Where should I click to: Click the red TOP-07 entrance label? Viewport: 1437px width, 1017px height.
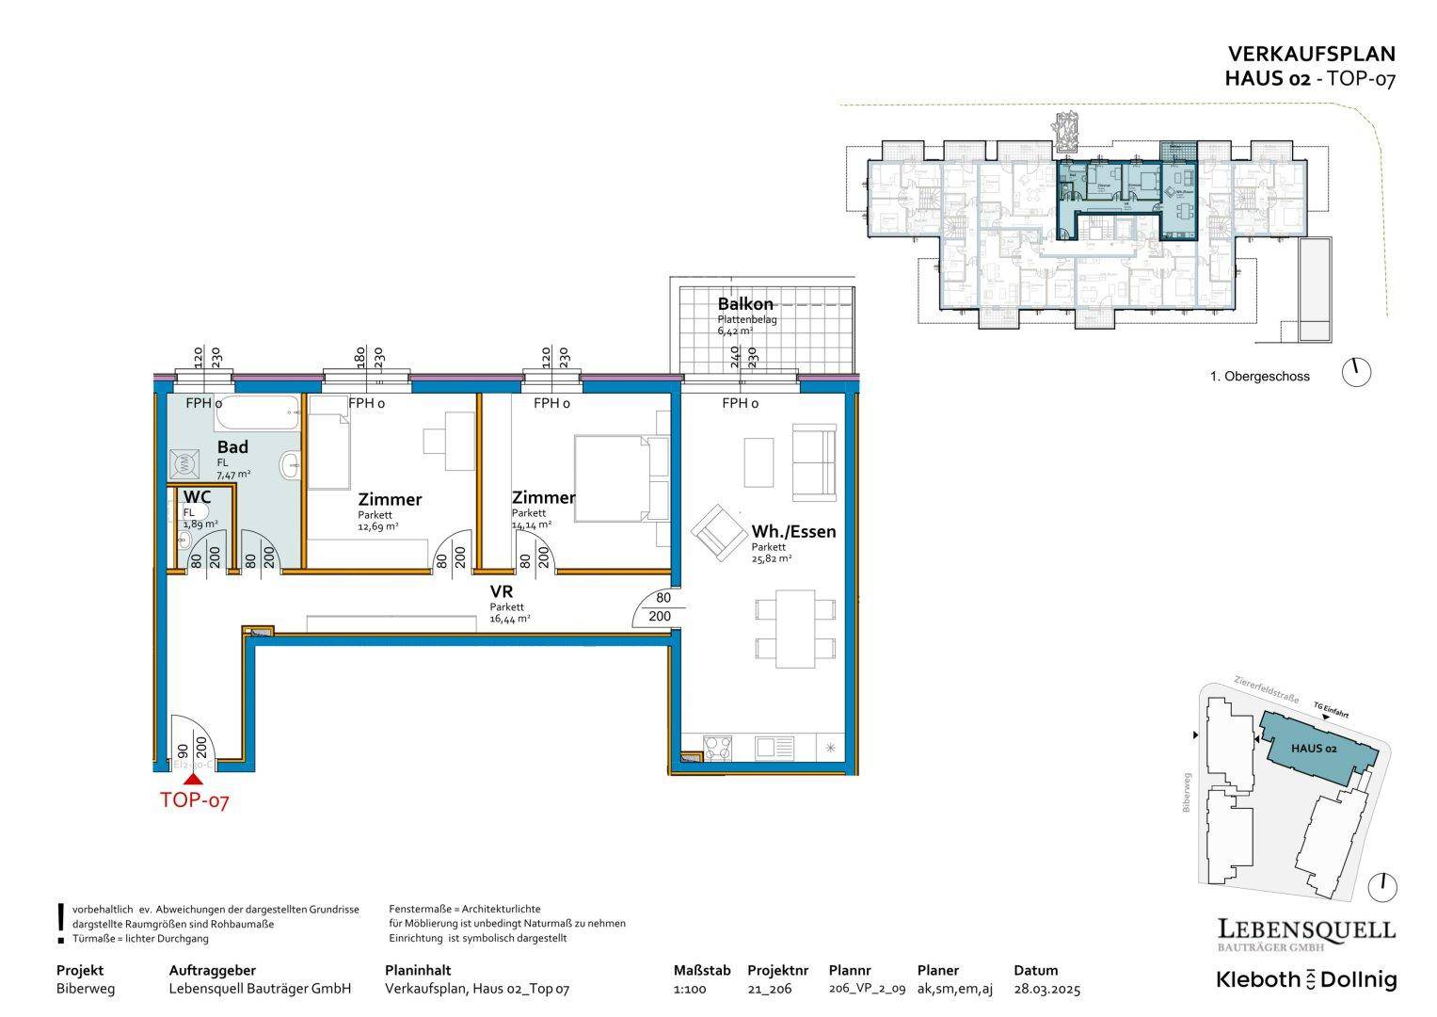coord(194,801)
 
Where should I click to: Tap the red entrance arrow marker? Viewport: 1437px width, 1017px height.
coord(194,779)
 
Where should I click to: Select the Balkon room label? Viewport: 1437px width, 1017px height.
coord(744,304)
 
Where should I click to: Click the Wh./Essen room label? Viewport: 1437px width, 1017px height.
coord(792,531)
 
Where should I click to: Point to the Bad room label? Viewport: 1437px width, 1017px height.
coord(232,447)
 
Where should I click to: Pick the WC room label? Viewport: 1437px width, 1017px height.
coord(197,497)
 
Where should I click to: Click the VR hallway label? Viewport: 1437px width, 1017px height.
coord(501,591)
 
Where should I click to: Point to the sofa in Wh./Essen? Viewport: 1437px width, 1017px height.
coord(814,462)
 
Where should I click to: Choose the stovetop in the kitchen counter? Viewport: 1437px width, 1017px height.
coord(718,748)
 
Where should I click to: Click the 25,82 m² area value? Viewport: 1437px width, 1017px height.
coord(771,558)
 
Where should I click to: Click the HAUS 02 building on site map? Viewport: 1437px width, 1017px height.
coord(1315,749)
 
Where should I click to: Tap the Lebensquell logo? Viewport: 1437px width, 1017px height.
coord(1306,931)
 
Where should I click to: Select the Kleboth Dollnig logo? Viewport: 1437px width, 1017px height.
coord(1306,979)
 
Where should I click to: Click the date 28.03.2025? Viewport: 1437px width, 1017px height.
coord(1046,989)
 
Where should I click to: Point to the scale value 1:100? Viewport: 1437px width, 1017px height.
coord(690,989)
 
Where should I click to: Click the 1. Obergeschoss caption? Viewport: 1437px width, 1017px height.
coord(1259,376)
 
